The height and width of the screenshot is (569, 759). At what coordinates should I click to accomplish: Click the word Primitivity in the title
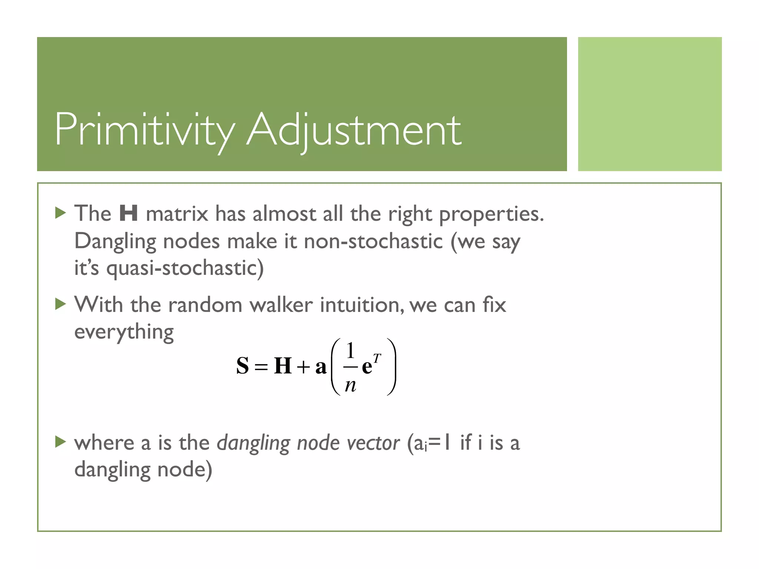click(145, 130)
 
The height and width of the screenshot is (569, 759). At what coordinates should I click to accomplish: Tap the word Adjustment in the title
click(354, 130)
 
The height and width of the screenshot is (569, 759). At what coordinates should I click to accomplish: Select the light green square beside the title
click(650, 104)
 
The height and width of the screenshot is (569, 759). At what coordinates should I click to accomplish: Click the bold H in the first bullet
click(129, 214)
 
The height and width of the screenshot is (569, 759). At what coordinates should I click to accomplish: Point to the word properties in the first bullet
click(491, 215)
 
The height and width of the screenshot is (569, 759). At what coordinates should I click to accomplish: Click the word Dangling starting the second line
click(115, 242)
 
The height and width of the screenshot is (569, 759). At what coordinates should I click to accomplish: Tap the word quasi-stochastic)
click(185, 268)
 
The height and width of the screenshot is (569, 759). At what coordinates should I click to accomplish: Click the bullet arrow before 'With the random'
click(60, 304)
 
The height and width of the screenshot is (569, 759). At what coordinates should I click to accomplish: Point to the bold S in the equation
click(243, 366)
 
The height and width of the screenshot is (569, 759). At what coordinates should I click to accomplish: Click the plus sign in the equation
click(303, 367)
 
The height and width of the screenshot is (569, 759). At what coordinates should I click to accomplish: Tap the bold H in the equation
click(283, 366)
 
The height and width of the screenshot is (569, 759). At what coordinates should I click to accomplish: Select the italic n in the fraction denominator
click(350, 386)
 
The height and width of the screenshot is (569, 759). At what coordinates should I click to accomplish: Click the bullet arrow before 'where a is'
click(60, 442)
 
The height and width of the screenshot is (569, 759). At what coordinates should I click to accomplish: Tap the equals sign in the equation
click(261, 367)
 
